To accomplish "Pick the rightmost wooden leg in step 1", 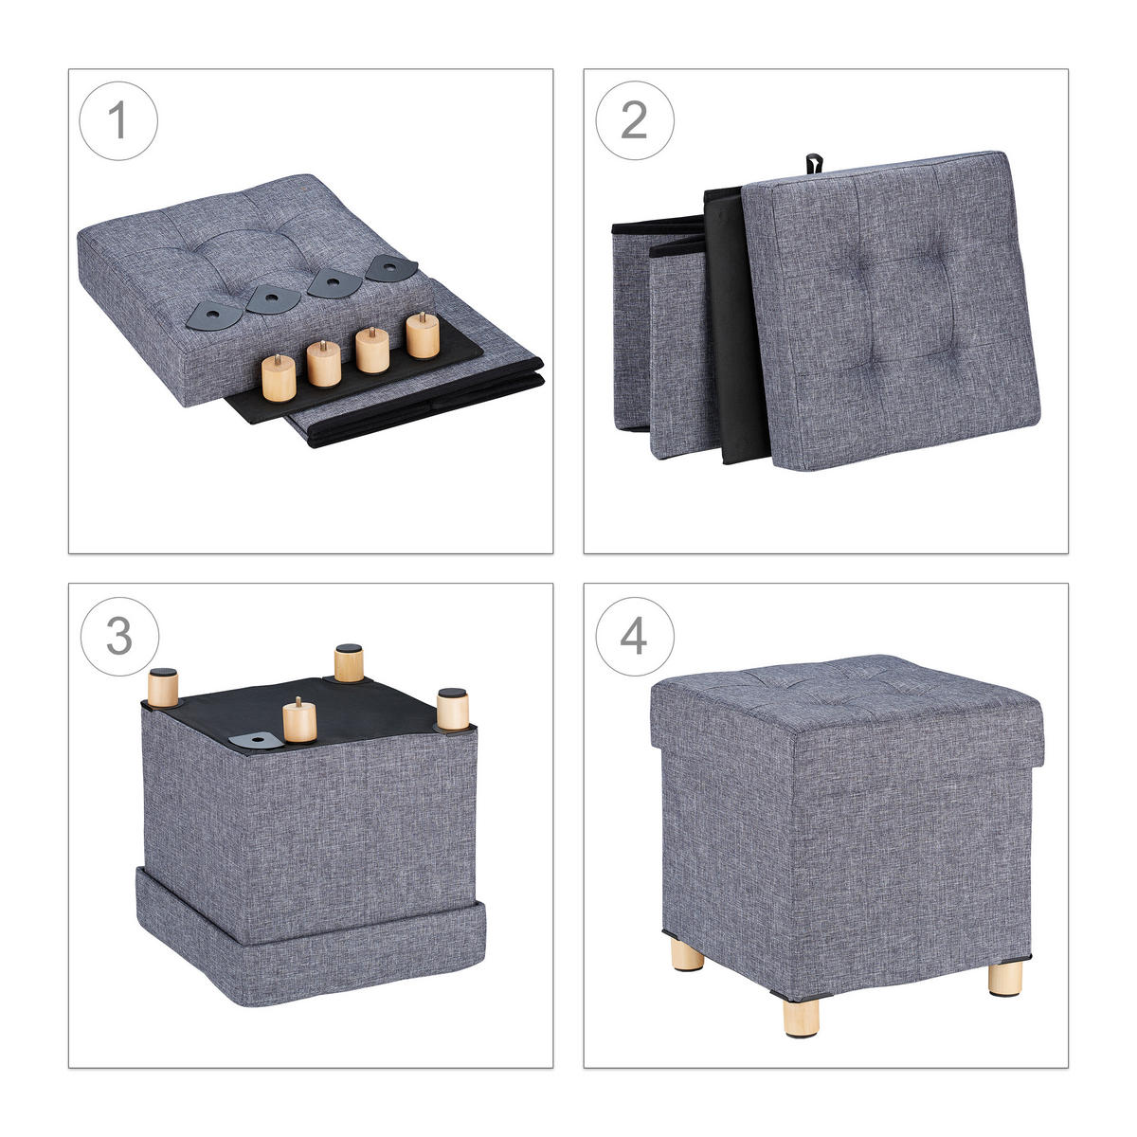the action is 423,334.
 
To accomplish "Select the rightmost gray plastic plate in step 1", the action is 391,267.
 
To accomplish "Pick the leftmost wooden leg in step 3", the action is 163,687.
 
